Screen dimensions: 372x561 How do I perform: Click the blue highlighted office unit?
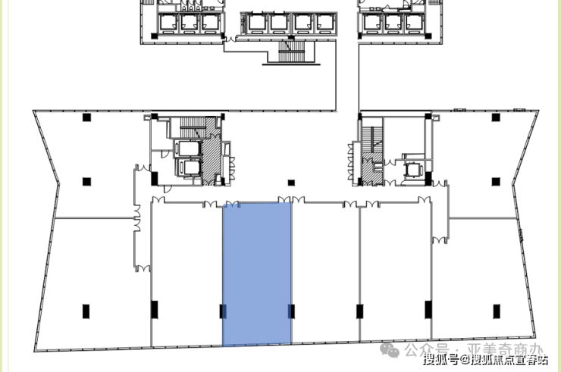(x=256, y=273)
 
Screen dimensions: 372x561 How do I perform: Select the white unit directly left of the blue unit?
(x=186, y=273)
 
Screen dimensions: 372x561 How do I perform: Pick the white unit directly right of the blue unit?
(x=325, y=273)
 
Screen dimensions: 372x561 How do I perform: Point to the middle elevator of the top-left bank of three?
(x=188, y=22)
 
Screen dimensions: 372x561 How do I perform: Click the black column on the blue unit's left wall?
(x=223, y=311)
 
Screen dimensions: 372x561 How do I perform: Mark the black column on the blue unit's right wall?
(x=290, y=311)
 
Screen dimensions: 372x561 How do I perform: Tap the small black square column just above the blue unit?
(x=290, y=183)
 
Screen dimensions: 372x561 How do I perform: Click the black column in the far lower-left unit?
(x=86, y=311)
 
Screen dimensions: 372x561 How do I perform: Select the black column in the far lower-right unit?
(x=497, y=311)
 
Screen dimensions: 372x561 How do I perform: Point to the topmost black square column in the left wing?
(x=86, y=117)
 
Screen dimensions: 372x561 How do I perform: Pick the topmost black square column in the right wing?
(x=496, y=117)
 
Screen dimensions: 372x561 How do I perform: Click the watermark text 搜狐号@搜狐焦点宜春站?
(x=485, y=360)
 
